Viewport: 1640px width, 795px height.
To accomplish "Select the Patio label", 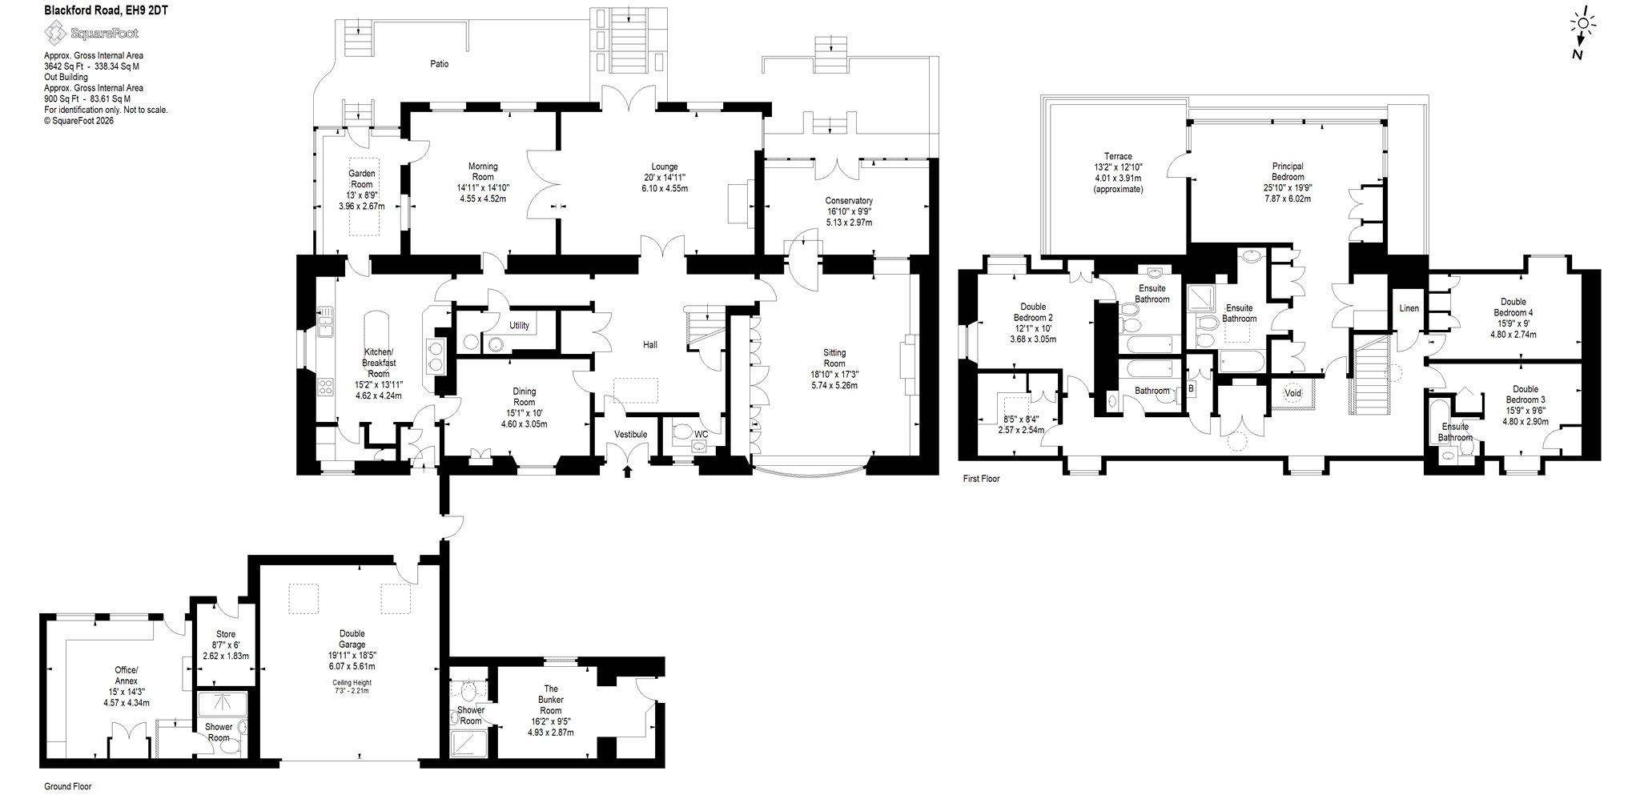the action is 439,63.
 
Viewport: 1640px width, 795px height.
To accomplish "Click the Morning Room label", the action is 483,171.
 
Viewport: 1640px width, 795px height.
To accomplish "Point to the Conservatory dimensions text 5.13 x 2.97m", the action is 849,222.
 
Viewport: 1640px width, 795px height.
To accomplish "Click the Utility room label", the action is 519,326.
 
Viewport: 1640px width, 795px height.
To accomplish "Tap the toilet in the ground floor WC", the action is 681,433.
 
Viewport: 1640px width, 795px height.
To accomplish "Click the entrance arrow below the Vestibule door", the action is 626,472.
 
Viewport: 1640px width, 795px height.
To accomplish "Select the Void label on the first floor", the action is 1292,393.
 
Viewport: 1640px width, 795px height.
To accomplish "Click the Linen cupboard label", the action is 1409,308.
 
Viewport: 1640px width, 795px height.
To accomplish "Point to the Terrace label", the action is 1118,156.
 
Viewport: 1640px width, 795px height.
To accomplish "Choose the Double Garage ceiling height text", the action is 352,686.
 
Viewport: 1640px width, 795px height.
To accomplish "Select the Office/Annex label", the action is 127,675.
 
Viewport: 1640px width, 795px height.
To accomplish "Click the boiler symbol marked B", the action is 1191,388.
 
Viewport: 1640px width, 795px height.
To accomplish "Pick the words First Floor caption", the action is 981,479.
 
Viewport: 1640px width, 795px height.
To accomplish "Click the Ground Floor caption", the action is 67,787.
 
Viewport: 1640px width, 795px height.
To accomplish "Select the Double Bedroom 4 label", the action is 1512,307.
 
